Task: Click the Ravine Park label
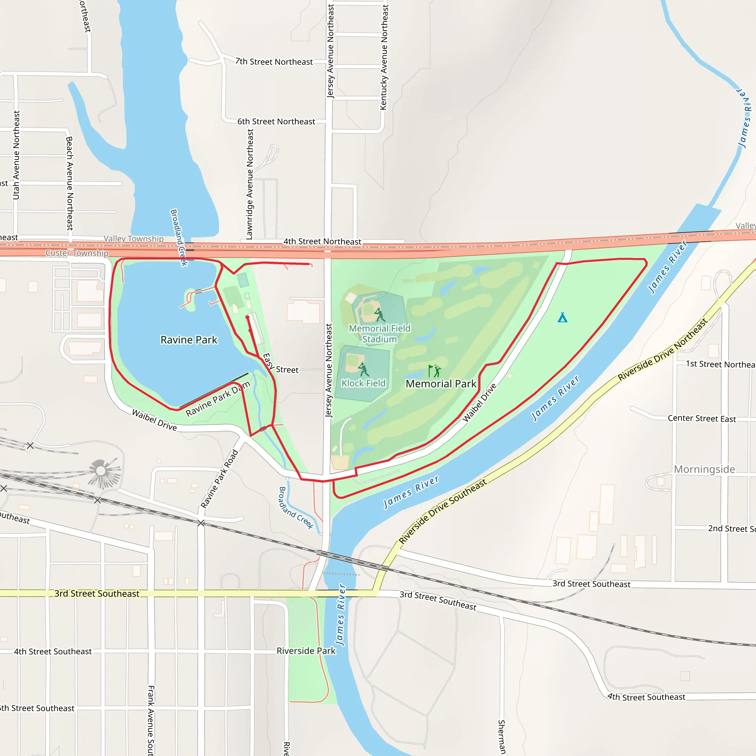189,340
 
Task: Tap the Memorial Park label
441,384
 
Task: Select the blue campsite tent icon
562,317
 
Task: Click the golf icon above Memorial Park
434,371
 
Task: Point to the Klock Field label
364,384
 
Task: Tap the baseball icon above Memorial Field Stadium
379,315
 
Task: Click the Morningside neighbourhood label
704,469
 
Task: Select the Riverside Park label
306,651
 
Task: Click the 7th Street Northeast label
274,62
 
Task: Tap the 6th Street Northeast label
276,122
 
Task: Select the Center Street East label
702,418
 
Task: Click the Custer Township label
77,253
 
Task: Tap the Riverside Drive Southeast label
443,511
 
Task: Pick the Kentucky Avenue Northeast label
384,57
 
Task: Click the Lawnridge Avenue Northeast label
250,184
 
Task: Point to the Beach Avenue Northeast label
70,183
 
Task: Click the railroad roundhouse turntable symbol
101,470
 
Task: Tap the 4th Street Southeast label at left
53,652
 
